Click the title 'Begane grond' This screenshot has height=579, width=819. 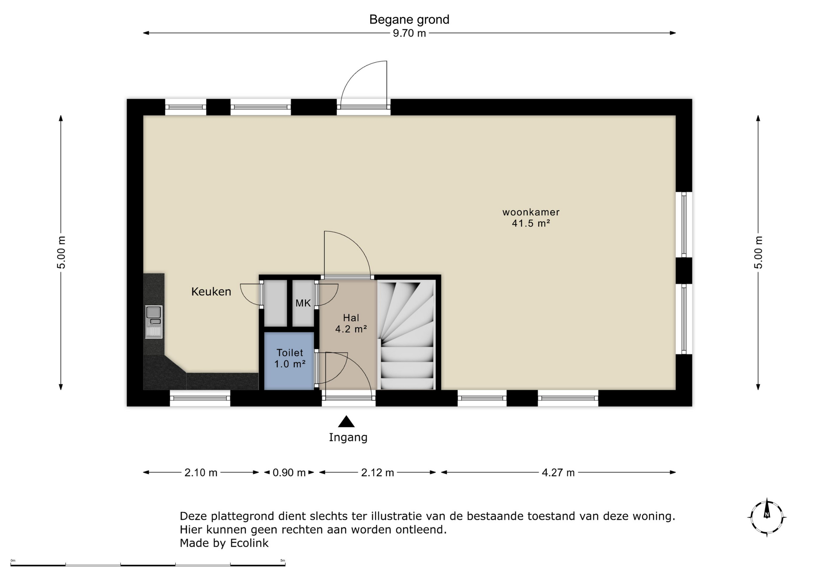coord(409,20)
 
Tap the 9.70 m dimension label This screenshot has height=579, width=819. coord(409,33)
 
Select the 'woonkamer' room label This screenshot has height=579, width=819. coord(531,212)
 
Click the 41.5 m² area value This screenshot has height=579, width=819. coord(531,223)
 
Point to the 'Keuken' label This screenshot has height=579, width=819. coord(211,292)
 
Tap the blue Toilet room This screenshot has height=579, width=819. coord(289,361)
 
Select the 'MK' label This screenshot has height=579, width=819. coord(303,303)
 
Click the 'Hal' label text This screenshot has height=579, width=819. coord(351,318)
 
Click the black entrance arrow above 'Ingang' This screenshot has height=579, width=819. coord(346,421)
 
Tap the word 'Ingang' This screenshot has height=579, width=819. coord(348,437)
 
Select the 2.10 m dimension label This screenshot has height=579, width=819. coord(201,472)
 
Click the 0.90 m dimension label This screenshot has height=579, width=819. coord(289,472)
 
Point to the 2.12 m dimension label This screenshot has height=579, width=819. coord(378,472)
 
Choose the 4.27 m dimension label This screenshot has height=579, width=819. coord(558,472)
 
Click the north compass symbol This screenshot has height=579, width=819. coord(767,517)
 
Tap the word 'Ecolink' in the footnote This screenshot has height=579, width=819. coord(250,543)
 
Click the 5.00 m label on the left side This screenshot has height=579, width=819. coord(61,252)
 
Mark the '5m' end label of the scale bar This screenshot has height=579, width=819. coord(282,561)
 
